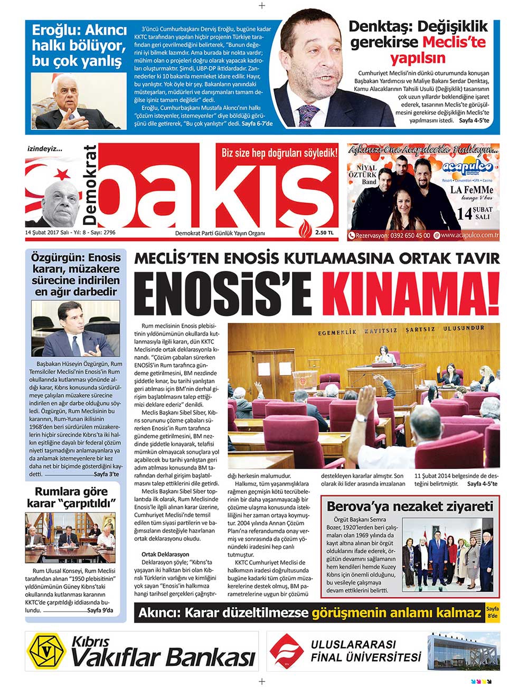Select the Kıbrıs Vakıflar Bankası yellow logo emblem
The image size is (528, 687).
click(x=47, y=651)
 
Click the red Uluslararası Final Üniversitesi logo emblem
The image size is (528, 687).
click(x=287, y=651)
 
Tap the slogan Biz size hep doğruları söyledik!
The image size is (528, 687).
click(x=279, y=153)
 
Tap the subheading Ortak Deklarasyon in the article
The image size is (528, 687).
click(x=165, y=555)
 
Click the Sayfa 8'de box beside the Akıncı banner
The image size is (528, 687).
click(x=492, y=613)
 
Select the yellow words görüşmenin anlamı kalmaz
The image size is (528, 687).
click(x=396, y=613)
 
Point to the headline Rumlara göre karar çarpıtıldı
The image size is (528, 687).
click(x=71, y=498)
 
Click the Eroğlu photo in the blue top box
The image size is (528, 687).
click(x=79, y=101)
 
